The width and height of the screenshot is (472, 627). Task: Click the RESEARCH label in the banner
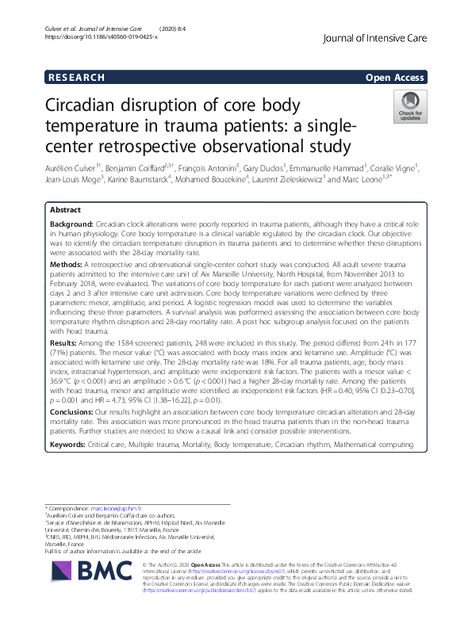click(x=77, y=78)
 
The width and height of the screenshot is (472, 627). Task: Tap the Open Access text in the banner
click(x=395, y=78)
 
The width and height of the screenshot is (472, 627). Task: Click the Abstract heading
click(x=66, y=211)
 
